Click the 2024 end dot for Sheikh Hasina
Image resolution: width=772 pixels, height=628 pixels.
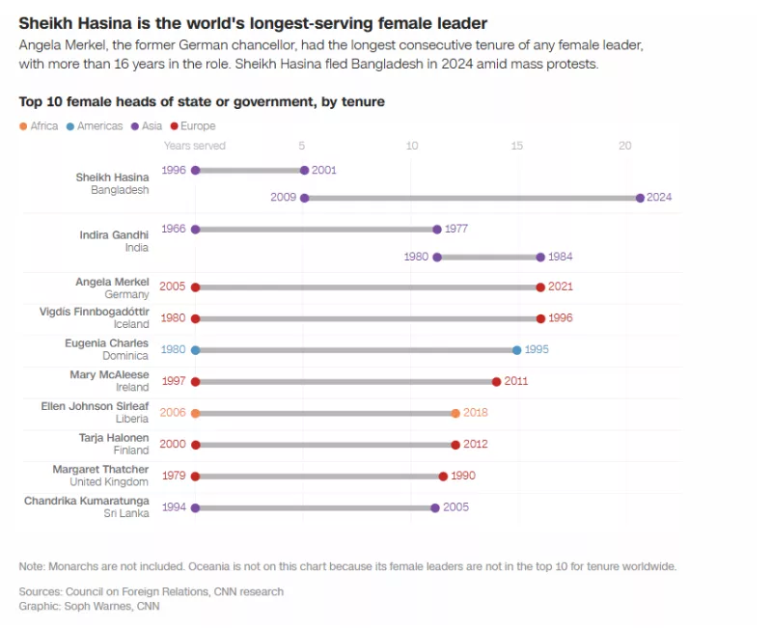coord(640,198)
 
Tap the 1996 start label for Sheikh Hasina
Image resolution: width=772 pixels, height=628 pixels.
coord(174,170)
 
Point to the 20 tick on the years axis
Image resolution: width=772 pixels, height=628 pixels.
coord(625,146)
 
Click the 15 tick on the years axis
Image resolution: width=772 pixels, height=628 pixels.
coord(517,146)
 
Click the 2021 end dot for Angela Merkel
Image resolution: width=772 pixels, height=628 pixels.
coord(540,287)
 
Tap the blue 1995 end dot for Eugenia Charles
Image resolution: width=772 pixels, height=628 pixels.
coord(517,350)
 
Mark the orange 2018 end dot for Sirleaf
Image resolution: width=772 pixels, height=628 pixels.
coord(455,413)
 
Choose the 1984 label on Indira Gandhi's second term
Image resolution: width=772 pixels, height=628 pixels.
coord(561,258)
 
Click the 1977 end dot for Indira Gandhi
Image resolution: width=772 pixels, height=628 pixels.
coord(437,230)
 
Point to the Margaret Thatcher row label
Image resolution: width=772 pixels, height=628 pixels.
coord(100,469)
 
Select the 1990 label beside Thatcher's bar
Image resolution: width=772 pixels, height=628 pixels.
coord(462,476)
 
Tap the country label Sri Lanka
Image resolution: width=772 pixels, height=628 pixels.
coord(126,513)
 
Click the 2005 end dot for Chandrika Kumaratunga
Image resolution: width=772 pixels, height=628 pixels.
coord(435,507)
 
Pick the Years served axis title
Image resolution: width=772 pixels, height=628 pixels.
coord(195,146)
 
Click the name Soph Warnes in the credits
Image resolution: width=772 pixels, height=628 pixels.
coord(95,607)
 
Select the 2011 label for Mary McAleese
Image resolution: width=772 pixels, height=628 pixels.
coord(516,381)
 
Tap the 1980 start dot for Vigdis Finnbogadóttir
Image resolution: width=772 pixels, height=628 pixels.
coord(196,318)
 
